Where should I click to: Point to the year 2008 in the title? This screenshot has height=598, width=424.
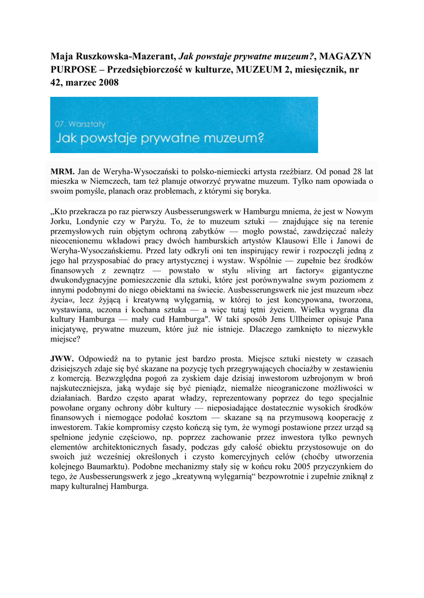[x=108, y=83]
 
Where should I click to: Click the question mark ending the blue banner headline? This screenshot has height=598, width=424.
[x=261, y=138]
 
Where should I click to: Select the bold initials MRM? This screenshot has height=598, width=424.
[x=63, y=172]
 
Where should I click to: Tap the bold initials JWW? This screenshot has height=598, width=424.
[x=63, y=358]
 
